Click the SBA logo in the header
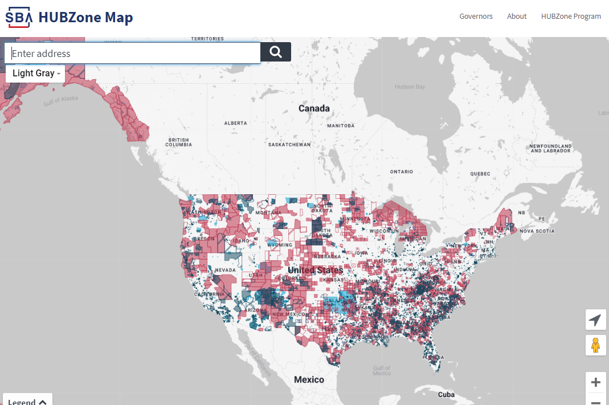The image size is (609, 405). (x=19, y=18)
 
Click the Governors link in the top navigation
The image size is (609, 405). (x=476, y=17)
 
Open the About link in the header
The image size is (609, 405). (x=517, y=17)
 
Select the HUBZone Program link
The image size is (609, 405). (x=571, y=17)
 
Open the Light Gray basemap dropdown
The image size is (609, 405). (x=36, y=73)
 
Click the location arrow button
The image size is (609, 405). (x=595, y=320)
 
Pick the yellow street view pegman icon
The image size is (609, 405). (x=595, y=345)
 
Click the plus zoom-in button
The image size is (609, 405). (x=596, y=382)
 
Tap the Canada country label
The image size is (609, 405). (x=314, y=108)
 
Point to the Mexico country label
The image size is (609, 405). (x=309, y=379)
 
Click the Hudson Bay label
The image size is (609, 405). (x=410, y=87)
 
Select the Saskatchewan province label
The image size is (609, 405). (x=289, y=145)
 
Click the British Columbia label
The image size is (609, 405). (x=178, y=142)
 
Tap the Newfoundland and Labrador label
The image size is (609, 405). (x=550, y=149)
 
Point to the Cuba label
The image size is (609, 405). (x=447, y=395)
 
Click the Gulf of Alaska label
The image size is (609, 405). (x=61, y=101)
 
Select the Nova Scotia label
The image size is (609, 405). (x=536, y=231)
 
